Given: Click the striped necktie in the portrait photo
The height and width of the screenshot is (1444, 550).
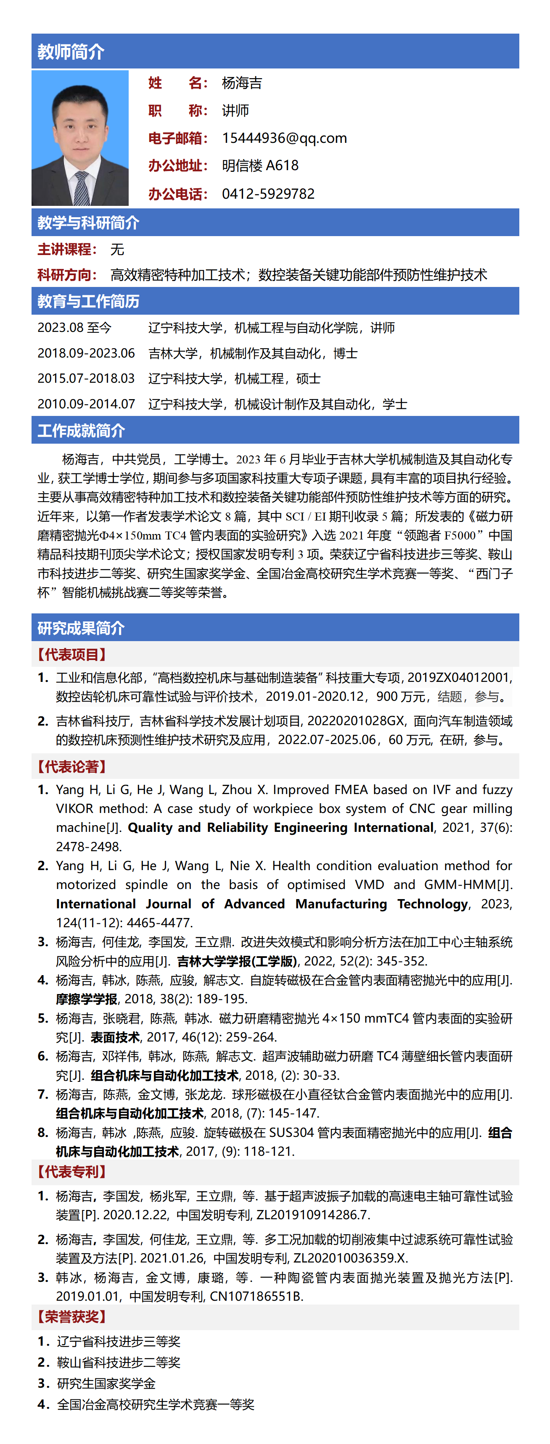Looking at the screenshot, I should coord(82,188).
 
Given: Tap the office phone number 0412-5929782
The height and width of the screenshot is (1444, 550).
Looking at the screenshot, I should coord(268,194).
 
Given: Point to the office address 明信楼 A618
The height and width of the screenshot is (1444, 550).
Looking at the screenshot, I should coord(260,166).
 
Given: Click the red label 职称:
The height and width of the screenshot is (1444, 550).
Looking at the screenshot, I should coord(178,110).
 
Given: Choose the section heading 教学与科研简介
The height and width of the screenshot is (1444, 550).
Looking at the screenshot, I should coord(88,223).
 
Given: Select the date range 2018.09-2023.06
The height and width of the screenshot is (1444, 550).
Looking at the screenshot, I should coord(86,353).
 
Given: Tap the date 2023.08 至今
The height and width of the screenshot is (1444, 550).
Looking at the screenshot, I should coord(74,327).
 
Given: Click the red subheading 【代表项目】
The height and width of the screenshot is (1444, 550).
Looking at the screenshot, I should coord(71,654).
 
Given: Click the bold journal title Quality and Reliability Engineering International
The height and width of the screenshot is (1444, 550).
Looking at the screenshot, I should coord(280,827).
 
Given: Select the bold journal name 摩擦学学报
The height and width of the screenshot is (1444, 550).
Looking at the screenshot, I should coord(87,999).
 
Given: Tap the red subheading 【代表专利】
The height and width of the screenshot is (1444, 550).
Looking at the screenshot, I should coord(71,1172).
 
